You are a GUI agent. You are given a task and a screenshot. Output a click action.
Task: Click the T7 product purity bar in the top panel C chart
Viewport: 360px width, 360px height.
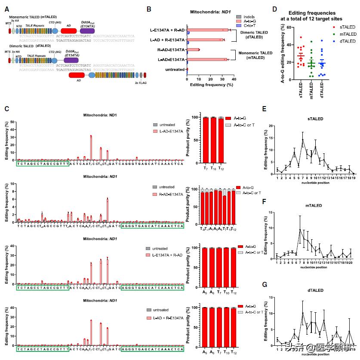206,140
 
